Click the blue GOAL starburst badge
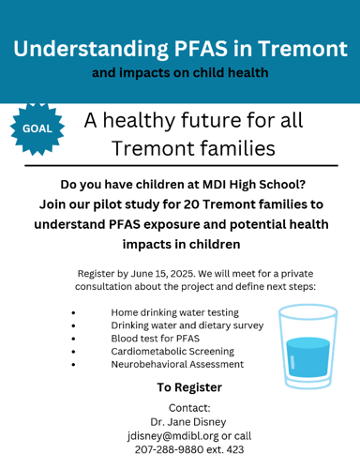tap(37, 129)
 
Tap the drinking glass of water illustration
tap(307, 346)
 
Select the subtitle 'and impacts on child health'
tap(180, 73)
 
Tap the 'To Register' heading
tap(189, 386)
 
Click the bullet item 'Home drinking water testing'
tap(174, 311)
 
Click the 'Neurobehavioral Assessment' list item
tap(177, 364)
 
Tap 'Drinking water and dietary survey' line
tap(187, 325)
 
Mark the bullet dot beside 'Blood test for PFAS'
tap(72, 338)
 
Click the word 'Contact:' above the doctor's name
tap(189, 407)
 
